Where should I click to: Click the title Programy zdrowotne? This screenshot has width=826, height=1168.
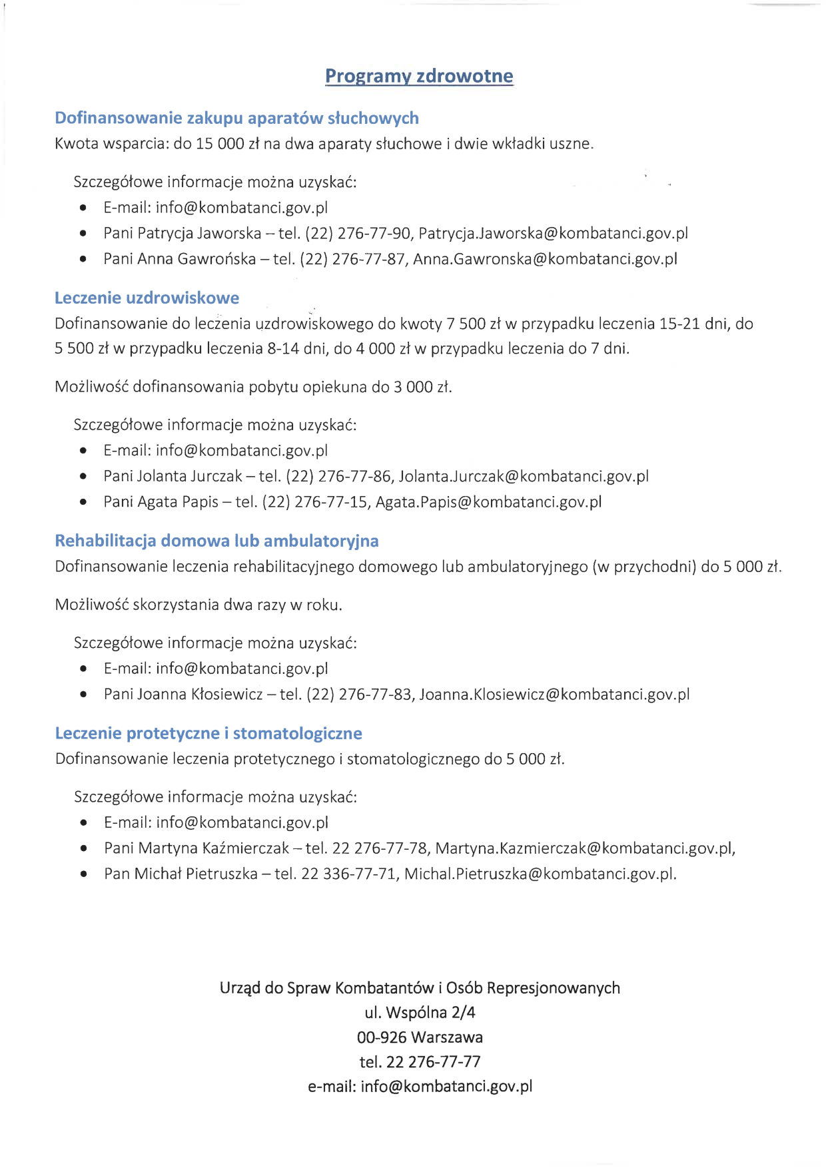(419, 76)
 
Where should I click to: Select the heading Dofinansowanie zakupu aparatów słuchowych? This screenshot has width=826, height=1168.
(236, 118)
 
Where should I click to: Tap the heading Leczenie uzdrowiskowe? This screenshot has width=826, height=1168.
(147, 298)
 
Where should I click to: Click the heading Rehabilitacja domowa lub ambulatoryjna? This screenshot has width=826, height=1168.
(216, 541)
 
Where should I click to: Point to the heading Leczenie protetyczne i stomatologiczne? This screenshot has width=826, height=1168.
(208, 733)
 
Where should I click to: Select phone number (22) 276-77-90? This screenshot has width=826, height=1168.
(358, 233)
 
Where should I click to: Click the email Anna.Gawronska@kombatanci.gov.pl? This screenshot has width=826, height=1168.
(545, 259)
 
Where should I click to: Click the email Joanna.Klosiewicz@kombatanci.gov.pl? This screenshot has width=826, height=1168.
(554, 695)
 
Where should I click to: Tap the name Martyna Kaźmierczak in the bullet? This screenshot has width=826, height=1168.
(214, 848)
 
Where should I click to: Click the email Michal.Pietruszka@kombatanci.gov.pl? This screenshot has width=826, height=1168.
(540, 874)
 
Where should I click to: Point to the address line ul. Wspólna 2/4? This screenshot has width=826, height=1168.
(420, 1013)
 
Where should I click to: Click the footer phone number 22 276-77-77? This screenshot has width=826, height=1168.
(438, 1062)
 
